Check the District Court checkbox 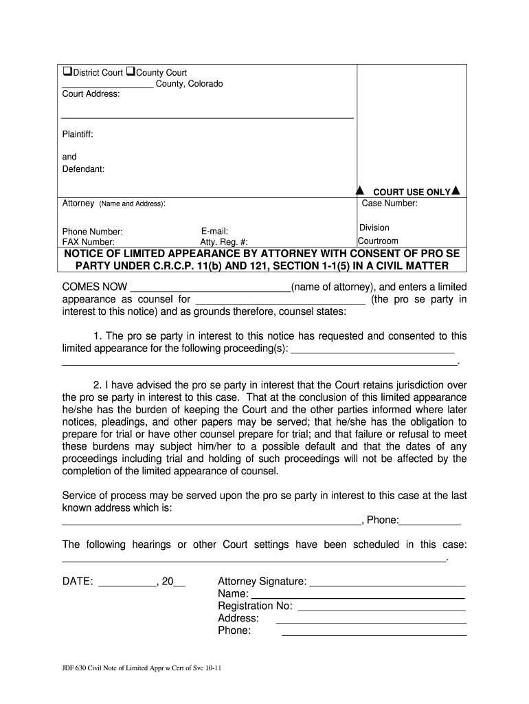click(x=67, y=72)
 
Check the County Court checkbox click(x=131, y=72)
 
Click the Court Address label click(x=91, y=94)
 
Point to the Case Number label click(x=390, y=203)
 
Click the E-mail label click(x=214, y=232)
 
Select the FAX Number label click(x=89, y=242)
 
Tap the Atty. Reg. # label click(x=224, y=242)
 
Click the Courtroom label click(x=378, y=241)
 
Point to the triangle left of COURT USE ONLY click(x=358, y=190)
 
